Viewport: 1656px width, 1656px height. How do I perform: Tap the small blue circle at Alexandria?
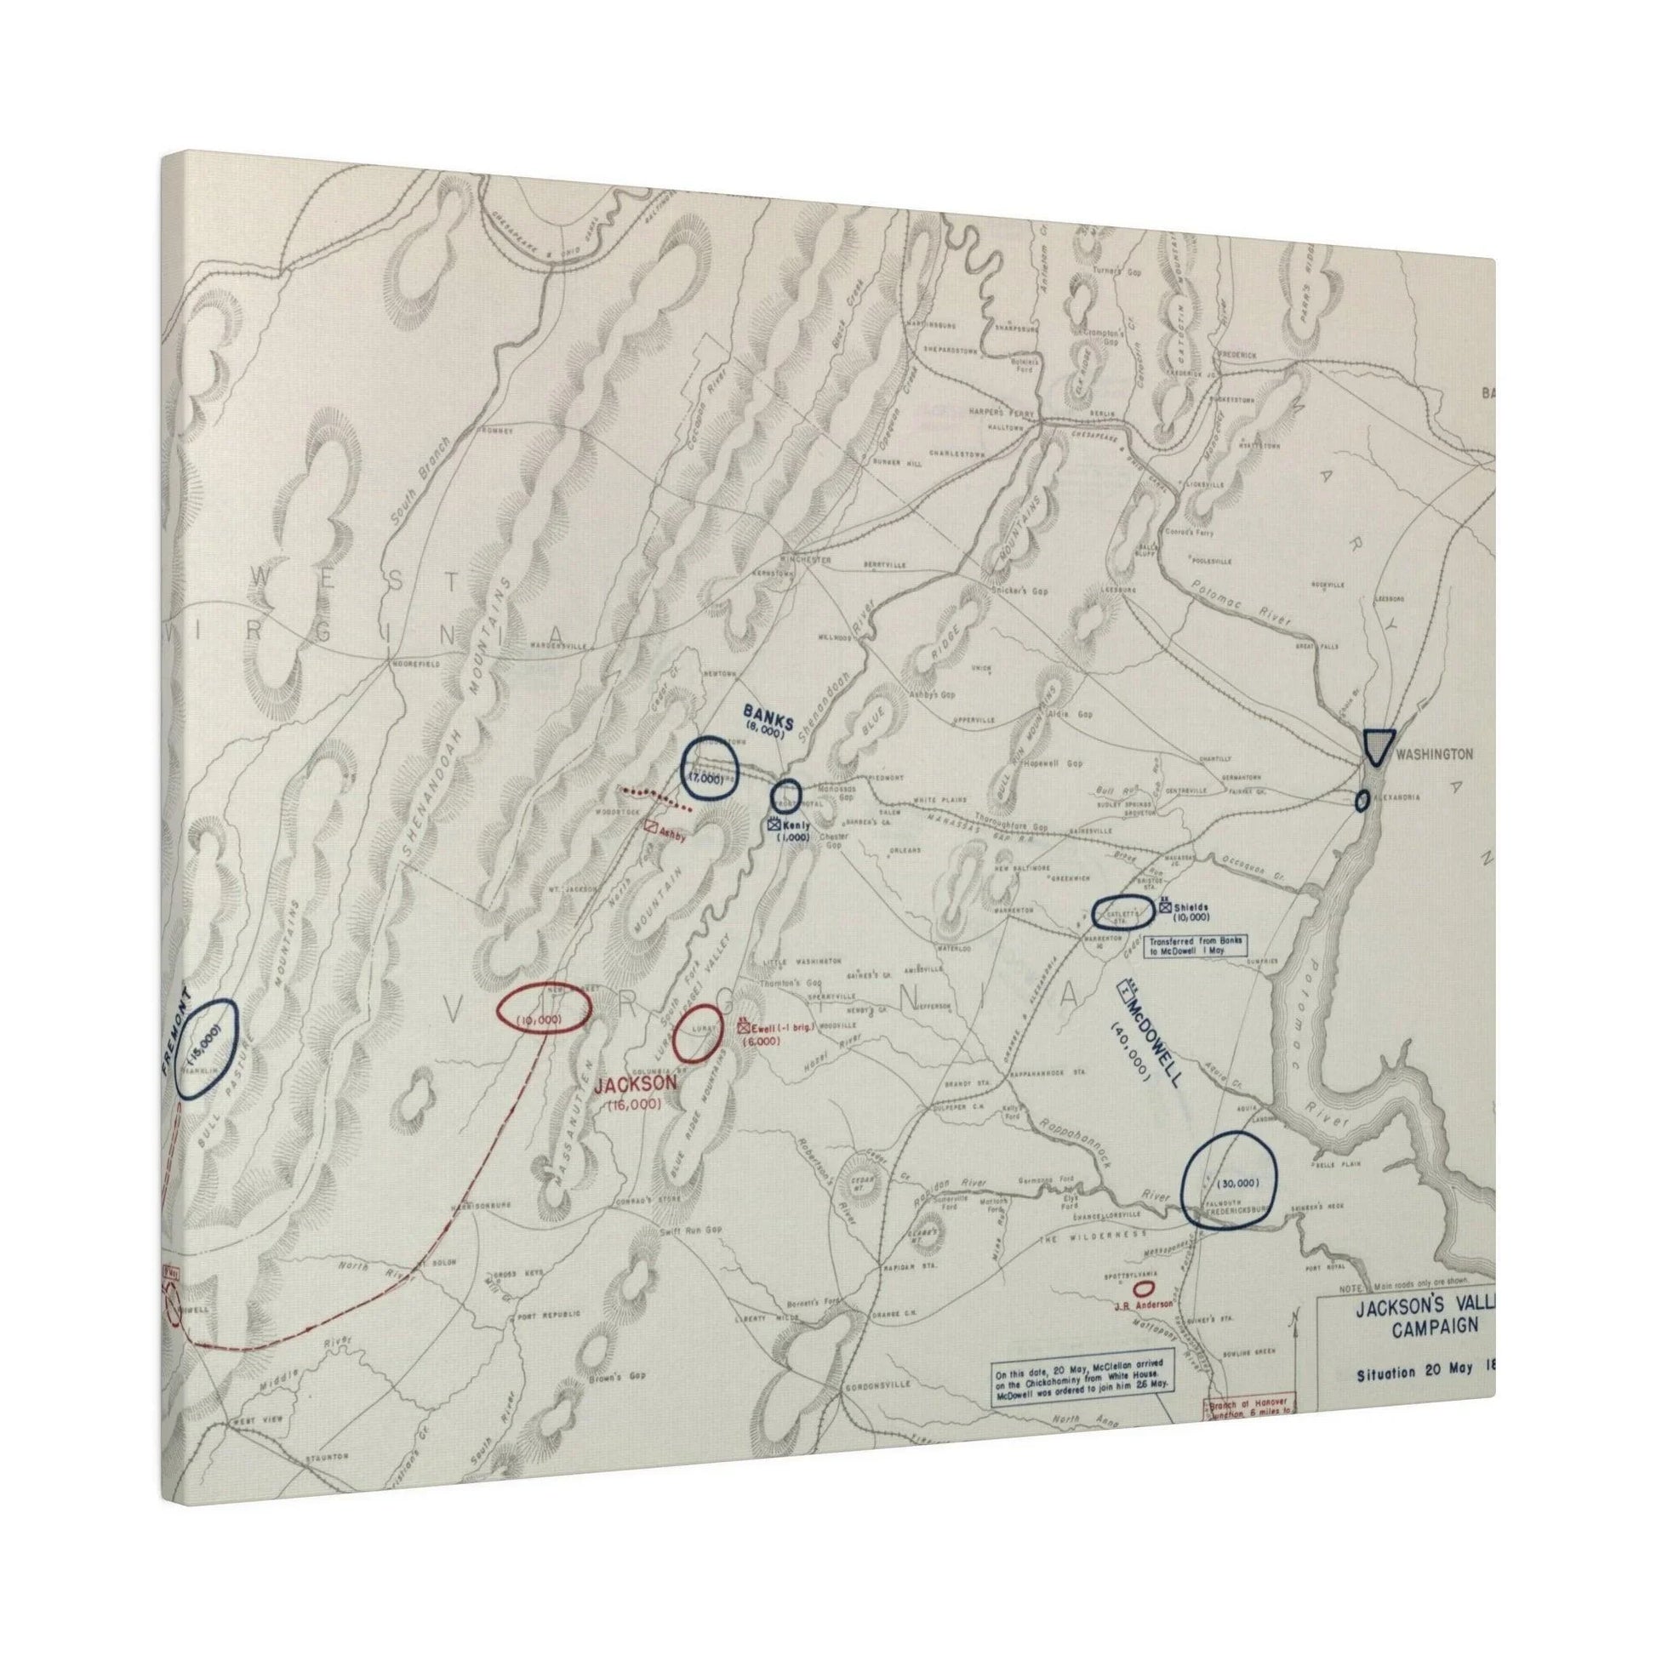pos(1362,801)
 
